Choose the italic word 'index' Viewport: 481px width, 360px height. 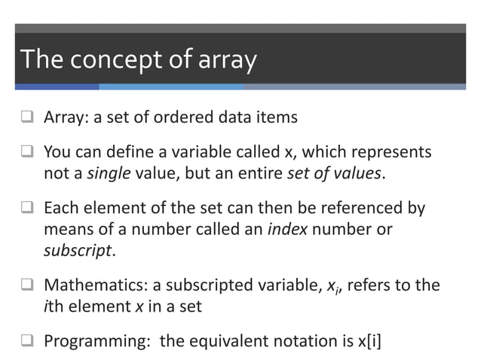pos(287,229)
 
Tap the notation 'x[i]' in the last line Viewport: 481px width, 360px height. pos(364,340)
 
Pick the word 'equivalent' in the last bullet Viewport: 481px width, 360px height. pos(240,340)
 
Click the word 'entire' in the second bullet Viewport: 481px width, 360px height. pos(257,173)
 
